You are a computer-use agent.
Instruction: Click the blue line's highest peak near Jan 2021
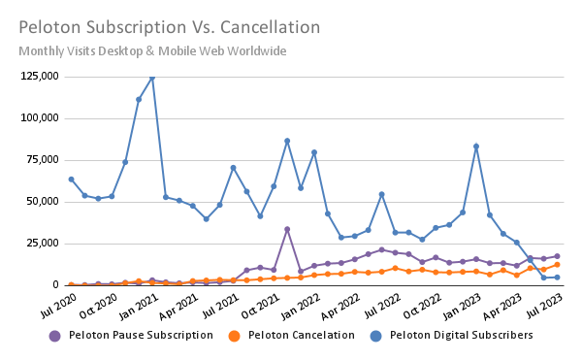pyautogui.click(x=152, y=78)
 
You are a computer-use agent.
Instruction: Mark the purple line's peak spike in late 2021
pyautogui.click(x=287, y=229)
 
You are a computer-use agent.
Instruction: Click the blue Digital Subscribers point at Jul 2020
pyautogui.click(x=71, y=180)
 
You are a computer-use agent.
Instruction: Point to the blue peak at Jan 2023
pyautogui.click(x=476, y=147)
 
